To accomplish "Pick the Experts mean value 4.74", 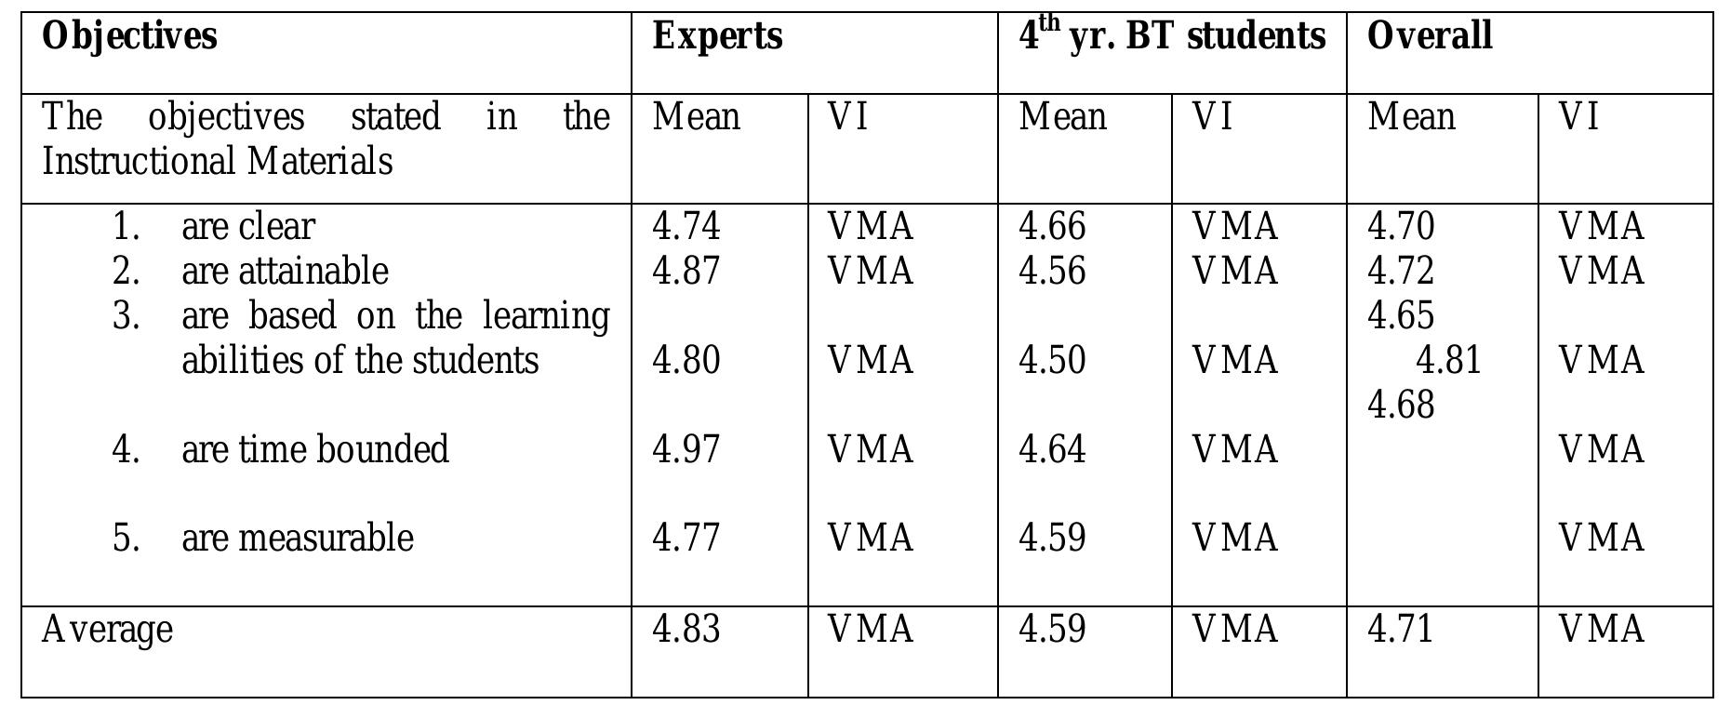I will click(686, 227).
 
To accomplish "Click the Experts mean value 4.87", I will click(686, 272).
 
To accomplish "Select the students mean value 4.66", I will click(1052, 227).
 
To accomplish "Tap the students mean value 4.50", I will click(1052, 361).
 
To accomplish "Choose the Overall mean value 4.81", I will click(1448, 361).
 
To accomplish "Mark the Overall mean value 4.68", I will click(1401, 406).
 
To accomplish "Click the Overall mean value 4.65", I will click(1401, 316).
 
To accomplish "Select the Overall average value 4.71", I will click(1401, 630).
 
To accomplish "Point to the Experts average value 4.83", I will click(686, 630).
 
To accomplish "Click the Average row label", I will click(107, 630).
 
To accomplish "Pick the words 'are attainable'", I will click(285, 272).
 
